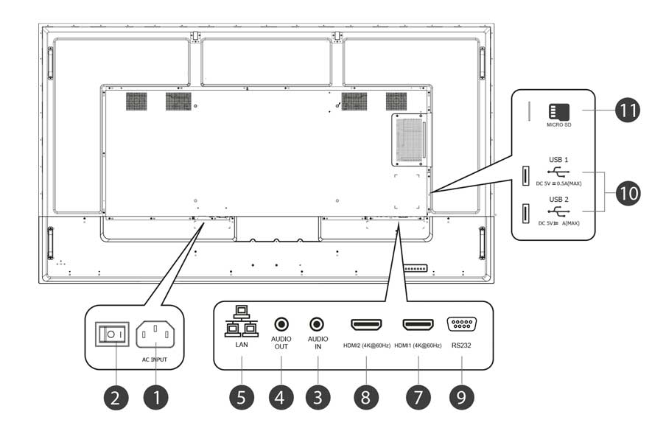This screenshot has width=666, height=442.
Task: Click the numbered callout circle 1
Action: point(155,397)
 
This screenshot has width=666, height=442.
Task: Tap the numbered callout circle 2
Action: point(115,397)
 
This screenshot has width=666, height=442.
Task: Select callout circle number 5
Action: point(242,397)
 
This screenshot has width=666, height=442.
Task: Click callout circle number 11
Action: point(628,112)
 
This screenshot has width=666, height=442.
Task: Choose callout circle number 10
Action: point(628,194)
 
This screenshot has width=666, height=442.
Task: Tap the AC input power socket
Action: point(155,334)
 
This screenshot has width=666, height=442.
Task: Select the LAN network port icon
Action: point(242,321)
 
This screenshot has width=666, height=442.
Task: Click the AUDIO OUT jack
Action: point(281,323)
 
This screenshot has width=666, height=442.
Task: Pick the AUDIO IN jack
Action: point(318,323)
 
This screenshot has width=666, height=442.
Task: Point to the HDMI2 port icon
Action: point(366,324)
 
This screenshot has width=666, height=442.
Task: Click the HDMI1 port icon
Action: point(418,324)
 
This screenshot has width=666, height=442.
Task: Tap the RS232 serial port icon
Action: point(461,324)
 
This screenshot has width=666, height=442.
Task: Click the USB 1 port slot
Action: point(525,175)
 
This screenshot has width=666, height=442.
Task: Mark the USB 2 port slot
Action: point(525,214)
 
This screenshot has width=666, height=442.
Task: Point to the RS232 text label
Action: point(461,344)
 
